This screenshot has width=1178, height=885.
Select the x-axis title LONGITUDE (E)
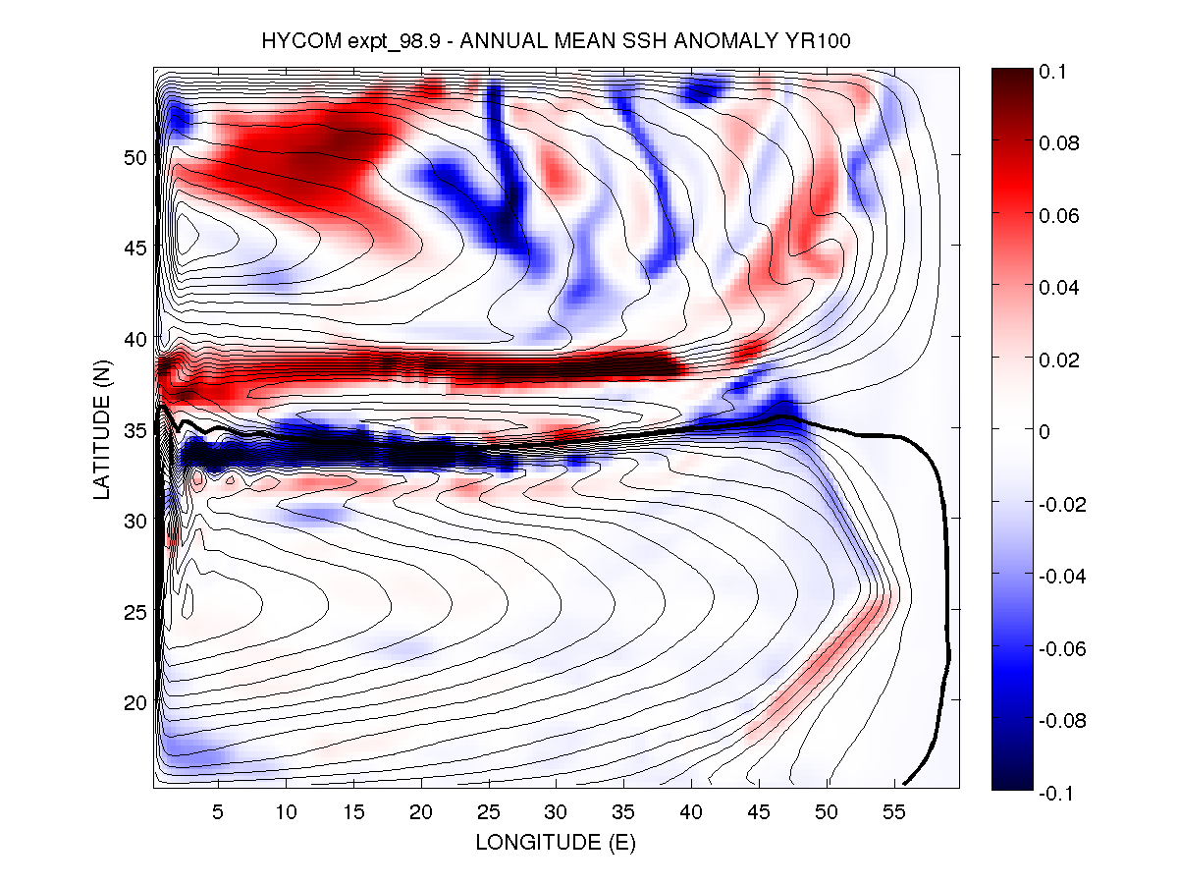(556, 842)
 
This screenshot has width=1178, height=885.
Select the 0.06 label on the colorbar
(1059, 216)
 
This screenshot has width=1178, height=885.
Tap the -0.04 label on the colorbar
(1061, 577)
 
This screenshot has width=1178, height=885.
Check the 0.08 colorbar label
(1059, 143)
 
